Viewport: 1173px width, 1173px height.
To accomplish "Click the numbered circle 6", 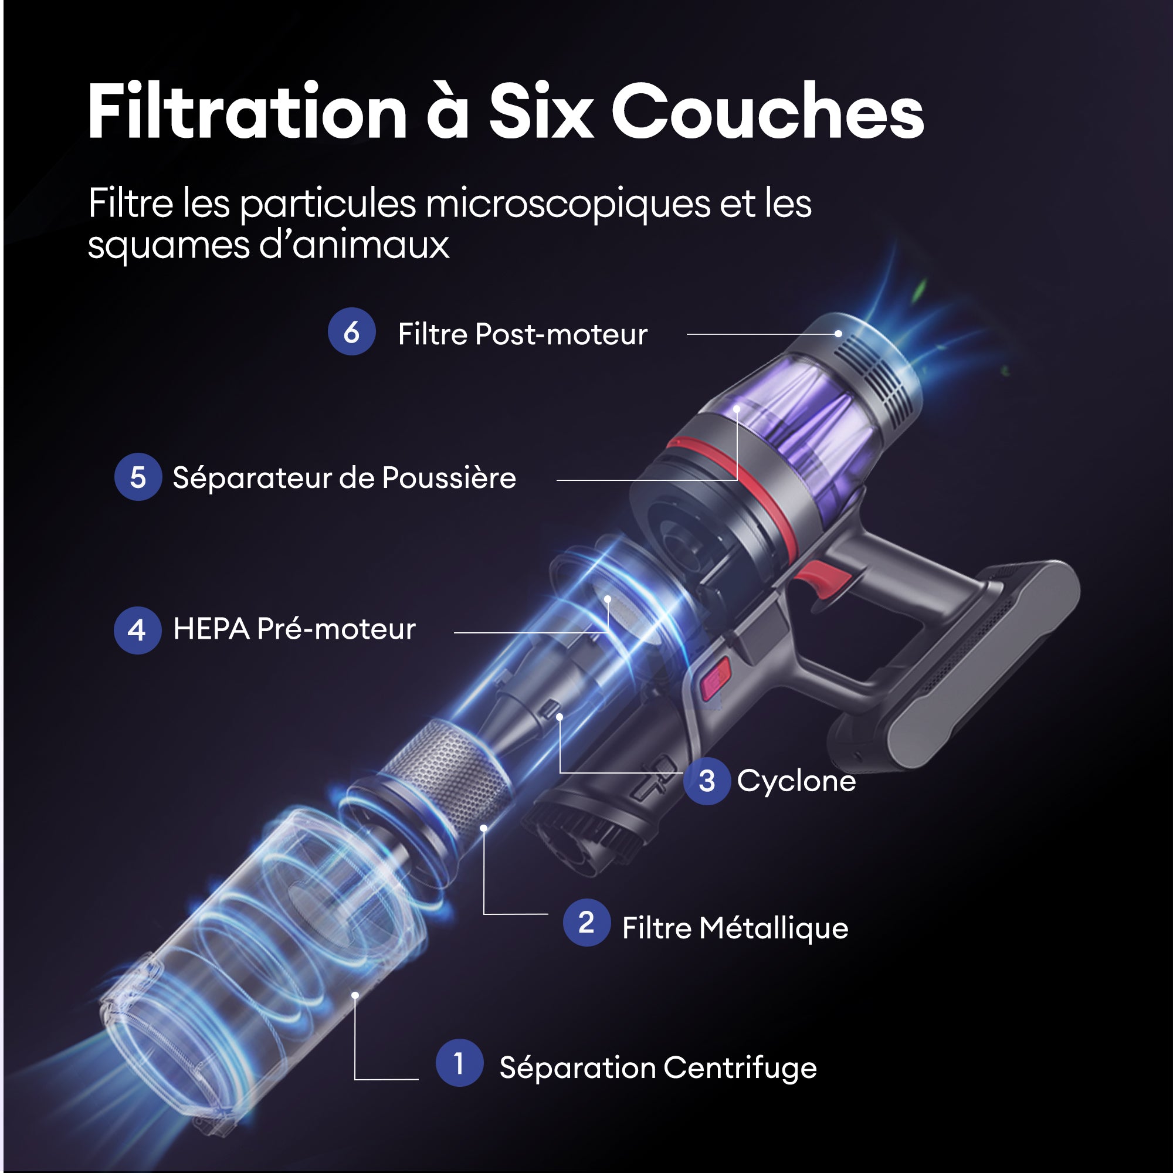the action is point(351,331).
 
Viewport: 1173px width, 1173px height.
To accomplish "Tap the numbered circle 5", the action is point(138,477).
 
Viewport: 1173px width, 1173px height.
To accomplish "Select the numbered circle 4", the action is point(137,630).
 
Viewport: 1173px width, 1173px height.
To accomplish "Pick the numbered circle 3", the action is point(707,781).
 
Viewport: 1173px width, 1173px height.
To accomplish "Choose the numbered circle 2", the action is point(586,922).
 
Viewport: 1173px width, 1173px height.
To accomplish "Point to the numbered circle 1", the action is point(460,1063).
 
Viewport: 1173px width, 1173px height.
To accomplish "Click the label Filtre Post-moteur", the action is point(522,334).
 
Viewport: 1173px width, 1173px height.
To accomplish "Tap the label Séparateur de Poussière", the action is point(344,477).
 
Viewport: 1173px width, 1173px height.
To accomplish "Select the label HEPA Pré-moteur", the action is point(294,629).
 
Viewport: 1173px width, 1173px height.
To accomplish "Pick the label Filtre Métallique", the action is point(735,928).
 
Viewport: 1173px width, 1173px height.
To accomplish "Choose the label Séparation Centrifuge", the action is point(658,1068).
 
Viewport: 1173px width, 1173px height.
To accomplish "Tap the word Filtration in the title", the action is point(248,111).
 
